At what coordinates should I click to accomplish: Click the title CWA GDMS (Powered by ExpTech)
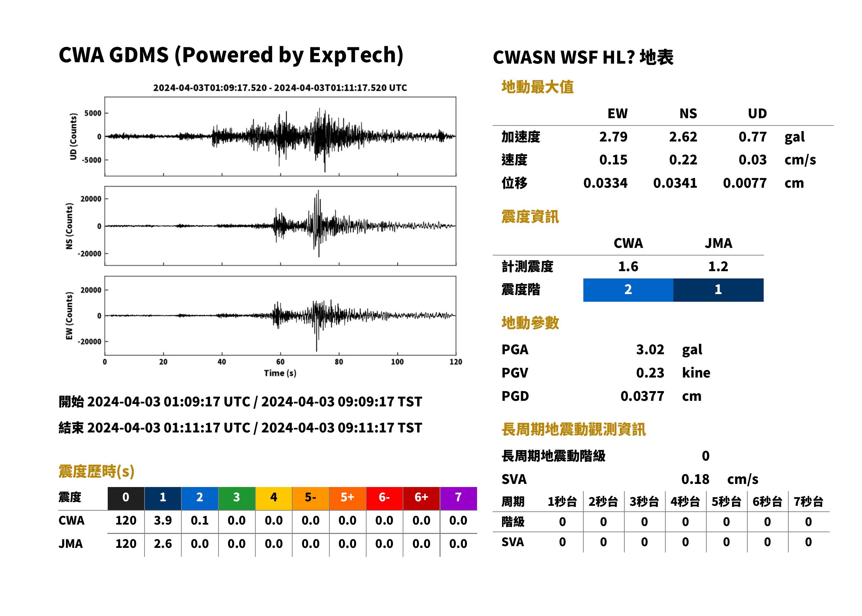coord(231,55)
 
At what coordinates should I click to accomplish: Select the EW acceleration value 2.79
coord(613,137)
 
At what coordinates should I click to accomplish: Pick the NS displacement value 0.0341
coord(675,183)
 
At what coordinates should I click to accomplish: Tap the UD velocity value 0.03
coord(753,160)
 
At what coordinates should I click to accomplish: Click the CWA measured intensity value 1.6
coord(628,266)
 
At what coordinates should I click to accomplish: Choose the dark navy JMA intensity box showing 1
coord(718,290)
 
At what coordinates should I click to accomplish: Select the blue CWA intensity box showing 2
coord(628,290)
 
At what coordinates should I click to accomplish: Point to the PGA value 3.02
coord(650,349)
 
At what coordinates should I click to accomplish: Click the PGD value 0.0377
coord(642,396)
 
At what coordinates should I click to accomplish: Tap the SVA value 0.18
coord(695,479)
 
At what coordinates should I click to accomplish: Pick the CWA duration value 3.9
coord(163,520)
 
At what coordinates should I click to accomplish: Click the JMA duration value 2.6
coord(163,544)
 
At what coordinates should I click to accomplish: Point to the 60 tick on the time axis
coord(280,362)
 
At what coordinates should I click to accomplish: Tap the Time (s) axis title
coord(280,373)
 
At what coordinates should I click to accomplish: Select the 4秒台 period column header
coord(685,501)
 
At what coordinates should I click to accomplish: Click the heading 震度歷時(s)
coord(97,471)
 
